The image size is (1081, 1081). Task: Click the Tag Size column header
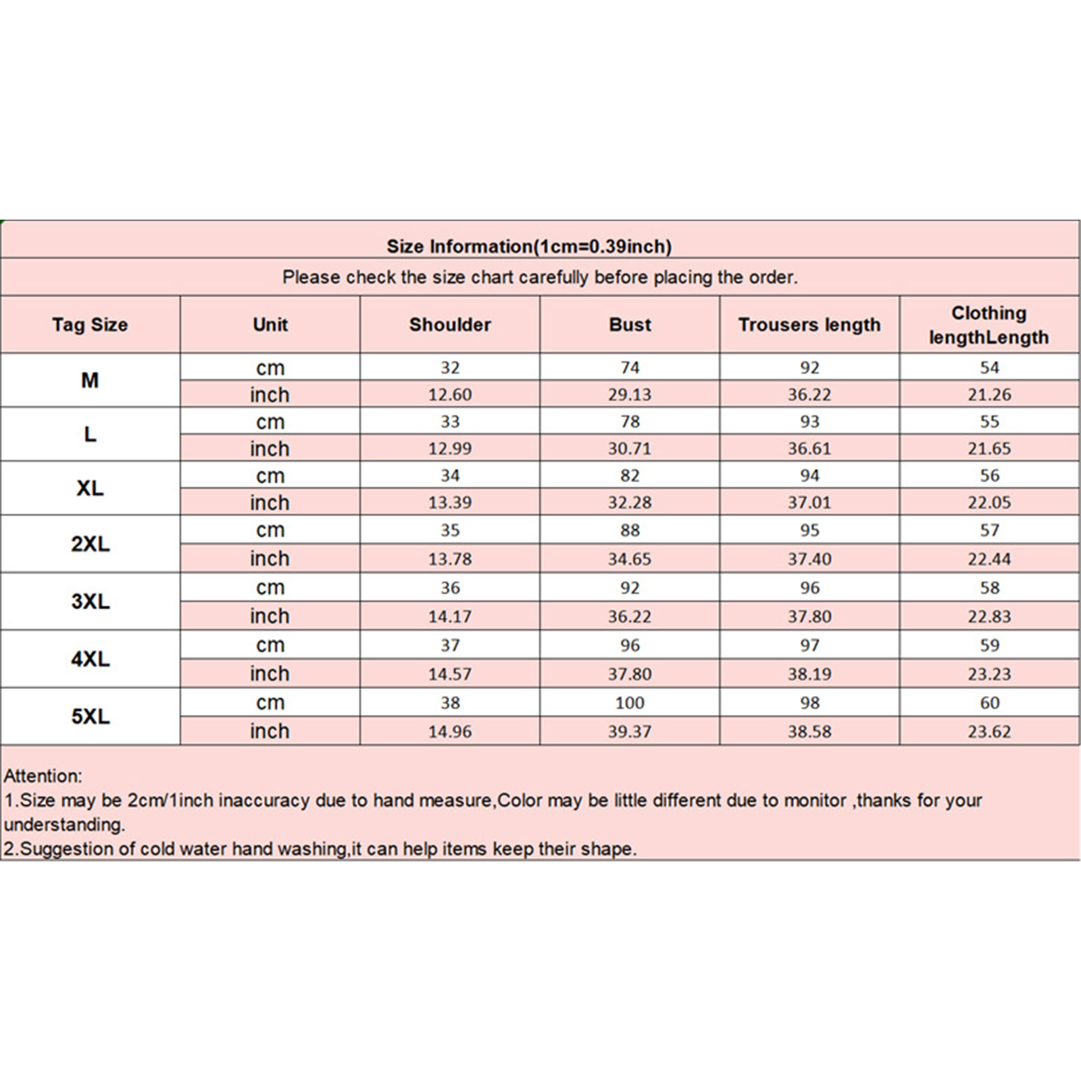coord(90,325)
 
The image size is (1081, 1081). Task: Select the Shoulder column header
coord(450,325)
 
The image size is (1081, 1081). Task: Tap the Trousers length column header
coord(809,325)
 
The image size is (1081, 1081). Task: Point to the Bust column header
coord(630,325)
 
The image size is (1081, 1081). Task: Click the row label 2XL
coord(90,544)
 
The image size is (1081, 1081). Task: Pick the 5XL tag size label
coord(90,716)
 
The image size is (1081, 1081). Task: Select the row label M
coord(90,380)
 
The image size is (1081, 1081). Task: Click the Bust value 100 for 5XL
coord(630,703)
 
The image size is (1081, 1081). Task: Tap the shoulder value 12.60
coord(450,395)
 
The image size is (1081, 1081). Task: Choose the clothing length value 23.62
coord(989,732)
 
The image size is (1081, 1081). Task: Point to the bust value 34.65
coord(630,559)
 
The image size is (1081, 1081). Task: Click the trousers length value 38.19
coord(809,674)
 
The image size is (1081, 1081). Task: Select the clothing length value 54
coord(989,368)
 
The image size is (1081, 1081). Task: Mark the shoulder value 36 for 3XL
coord(450,588)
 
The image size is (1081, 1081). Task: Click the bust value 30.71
coord(630,449)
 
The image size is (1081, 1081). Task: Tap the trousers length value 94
coord(809,476)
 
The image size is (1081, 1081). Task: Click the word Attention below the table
coord(43,776)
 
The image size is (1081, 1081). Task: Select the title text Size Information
coord(459,247)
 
